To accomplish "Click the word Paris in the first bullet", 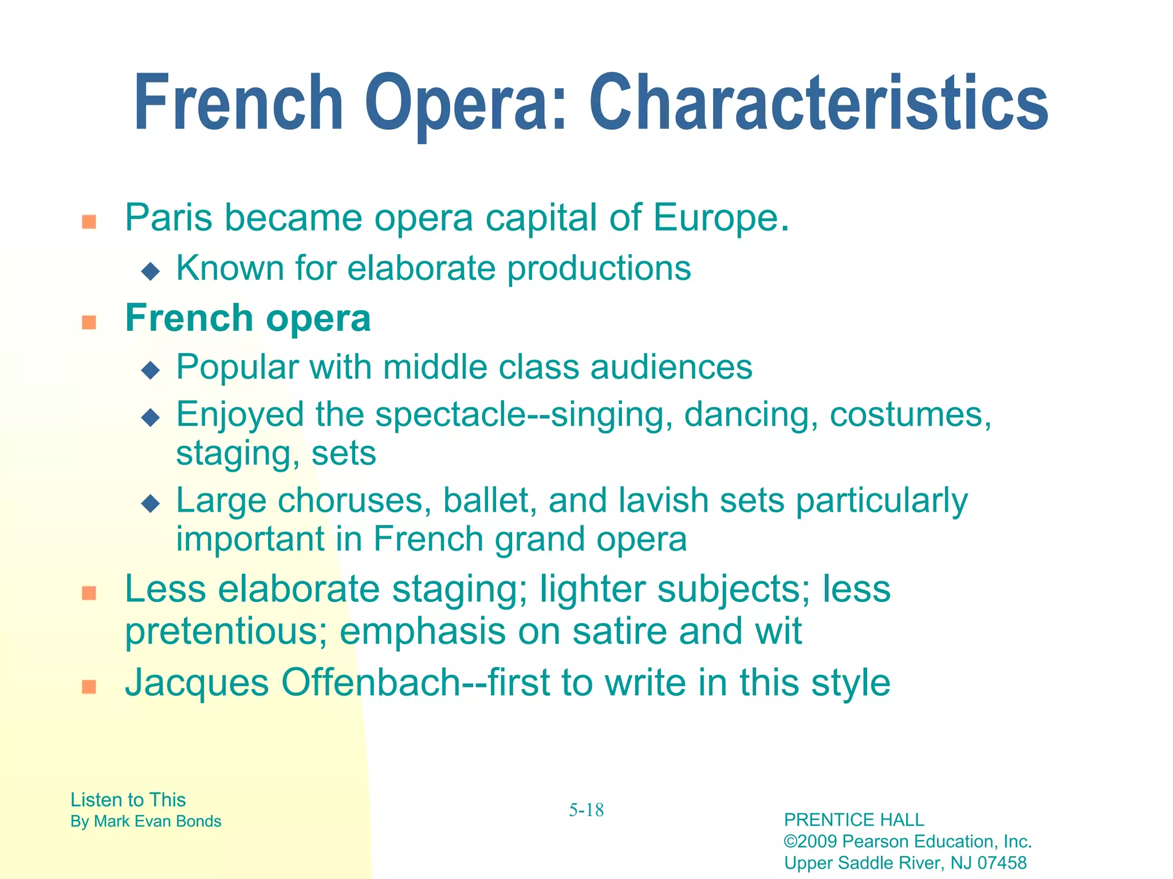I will point(169,218).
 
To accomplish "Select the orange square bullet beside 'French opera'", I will point(89,322).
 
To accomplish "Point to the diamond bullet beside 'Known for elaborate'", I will point(151,271).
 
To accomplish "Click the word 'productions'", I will point(599,269).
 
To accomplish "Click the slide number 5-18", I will point(586,810).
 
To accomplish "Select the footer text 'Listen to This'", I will point(128,799).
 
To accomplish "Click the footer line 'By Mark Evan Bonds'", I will point(145,821).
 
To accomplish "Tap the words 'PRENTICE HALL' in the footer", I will point(853,820).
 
